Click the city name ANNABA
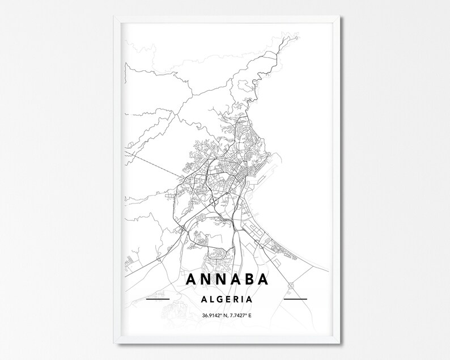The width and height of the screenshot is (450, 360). click(x=226, y=279)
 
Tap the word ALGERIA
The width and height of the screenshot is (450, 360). click(x=226, y=298)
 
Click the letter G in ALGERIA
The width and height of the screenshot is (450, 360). click(x=218, y=298)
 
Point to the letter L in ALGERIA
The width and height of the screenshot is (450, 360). click(x=209, y=298)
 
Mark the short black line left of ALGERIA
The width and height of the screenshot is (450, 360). click(x=158, y=298)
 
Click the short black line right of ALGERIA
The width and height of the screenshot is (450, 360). click(x=294, y=298)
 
